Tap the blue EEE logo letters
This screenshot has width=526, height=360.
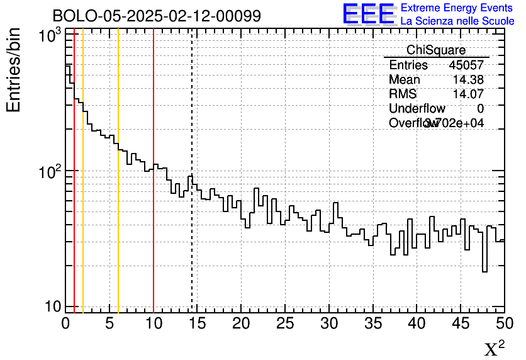[x=369, y=14]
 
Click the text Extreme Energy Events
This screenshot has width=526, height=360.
[x=457, y=8]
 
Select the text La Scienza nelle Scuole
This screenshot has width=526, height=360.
[x=457, y=21]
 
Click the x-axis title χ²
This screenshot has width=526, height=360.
[x=494, y=349]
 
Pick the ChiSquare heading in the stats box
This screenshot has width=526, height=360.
[x=436, y=50]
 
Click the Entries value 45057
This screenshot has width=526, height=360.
[x=466, y=65]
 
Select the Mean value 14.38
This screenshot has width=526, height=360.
[x=468, y=80]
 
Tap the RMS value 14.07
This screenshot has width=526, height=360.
[x=468, y=94]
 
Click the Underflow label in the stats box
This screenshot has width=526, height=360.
[x=417, y=109]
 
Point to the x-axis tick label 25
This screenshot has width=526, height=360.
[x=286, y=323]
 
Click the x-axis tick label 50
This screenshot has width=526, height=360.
[x=504, y=323]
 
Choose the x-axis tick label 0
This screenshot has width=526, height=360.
[x=66, y=323]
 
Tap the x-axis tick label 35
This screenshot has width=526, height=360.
[x=373, y=323]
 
